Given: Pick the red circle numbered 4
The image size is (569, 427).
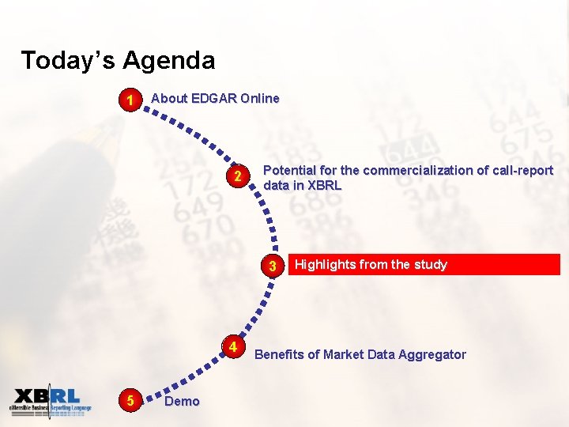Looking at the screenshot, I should pos(233,347).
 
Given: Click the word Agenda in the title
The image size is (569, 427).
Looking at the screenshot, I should pos(168,61).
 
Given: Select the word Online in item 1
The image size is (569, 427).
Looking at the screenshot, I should pos(260,98).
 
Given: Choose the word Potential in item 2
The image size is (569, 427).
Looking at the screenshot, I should pos(289,170).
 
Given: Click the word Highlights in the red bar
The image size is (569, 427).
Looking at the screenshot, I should pos(325,265).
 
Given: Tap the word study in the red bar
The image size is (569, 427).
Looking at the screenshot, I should pos(430,265).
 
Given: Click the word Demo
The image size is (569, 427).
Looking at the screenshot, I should pos(182,401).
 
